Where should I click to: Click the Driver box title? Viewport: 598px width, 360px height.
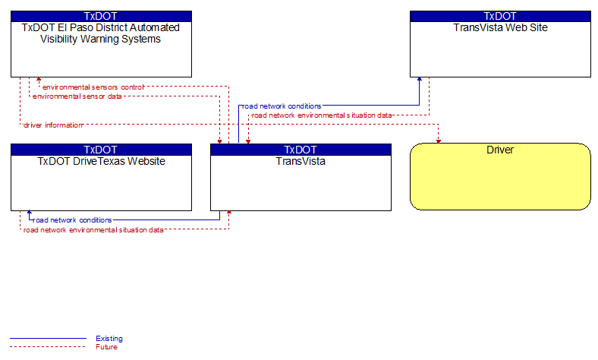(500, 150)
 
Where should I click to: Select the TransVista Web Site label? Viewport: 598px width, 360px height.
(500, 27)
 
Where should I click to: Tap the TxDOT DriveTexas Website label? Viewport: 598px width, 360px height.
(101, 161)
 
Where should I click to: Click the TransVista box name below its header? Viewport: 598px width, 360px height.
(301, 161)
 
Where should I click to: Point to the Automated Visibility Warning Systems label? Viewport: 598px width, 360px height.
(101, 33)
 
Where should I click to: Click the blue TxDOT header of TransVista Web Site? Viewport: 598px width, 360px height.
(500, 16)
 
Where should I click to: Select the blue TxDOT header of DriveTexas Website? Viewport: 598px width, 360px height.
(101, 150)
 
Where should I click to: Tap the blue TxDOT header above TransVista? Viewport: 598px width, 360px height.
(301, 150)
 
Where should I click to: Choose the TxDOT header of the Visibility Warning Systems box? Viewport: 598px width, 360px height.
(101, 16)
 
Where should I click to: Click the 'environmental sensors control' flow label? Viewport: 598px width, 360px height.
(93, 87)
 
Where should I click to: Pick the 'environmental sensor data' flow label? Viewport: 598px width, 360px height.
(77, 96)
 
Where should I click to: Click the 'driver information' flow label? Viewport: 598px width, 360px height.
(53, 125)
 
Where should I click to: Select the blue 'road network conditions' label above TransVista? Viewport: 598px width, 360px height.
(282, 106)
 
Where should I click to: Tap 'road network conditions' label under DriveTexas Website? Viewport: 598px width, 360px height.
(72, 220)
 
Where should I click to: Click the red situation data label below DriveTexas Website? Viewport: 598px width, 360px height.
(93, 230)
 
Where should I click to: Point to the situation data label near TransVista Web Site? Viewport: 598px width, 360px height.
(322, 115)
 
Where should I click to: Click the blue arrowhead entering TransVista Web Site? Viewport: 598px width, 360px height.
(419, 79)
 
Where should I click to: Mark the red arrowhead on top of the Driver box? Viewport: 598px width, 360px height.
(438, 141)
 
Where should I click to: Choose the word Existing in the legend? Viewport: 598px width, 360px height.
(109, 338)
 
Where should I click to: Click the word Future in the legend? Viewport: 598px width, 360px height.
(106, 346)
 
